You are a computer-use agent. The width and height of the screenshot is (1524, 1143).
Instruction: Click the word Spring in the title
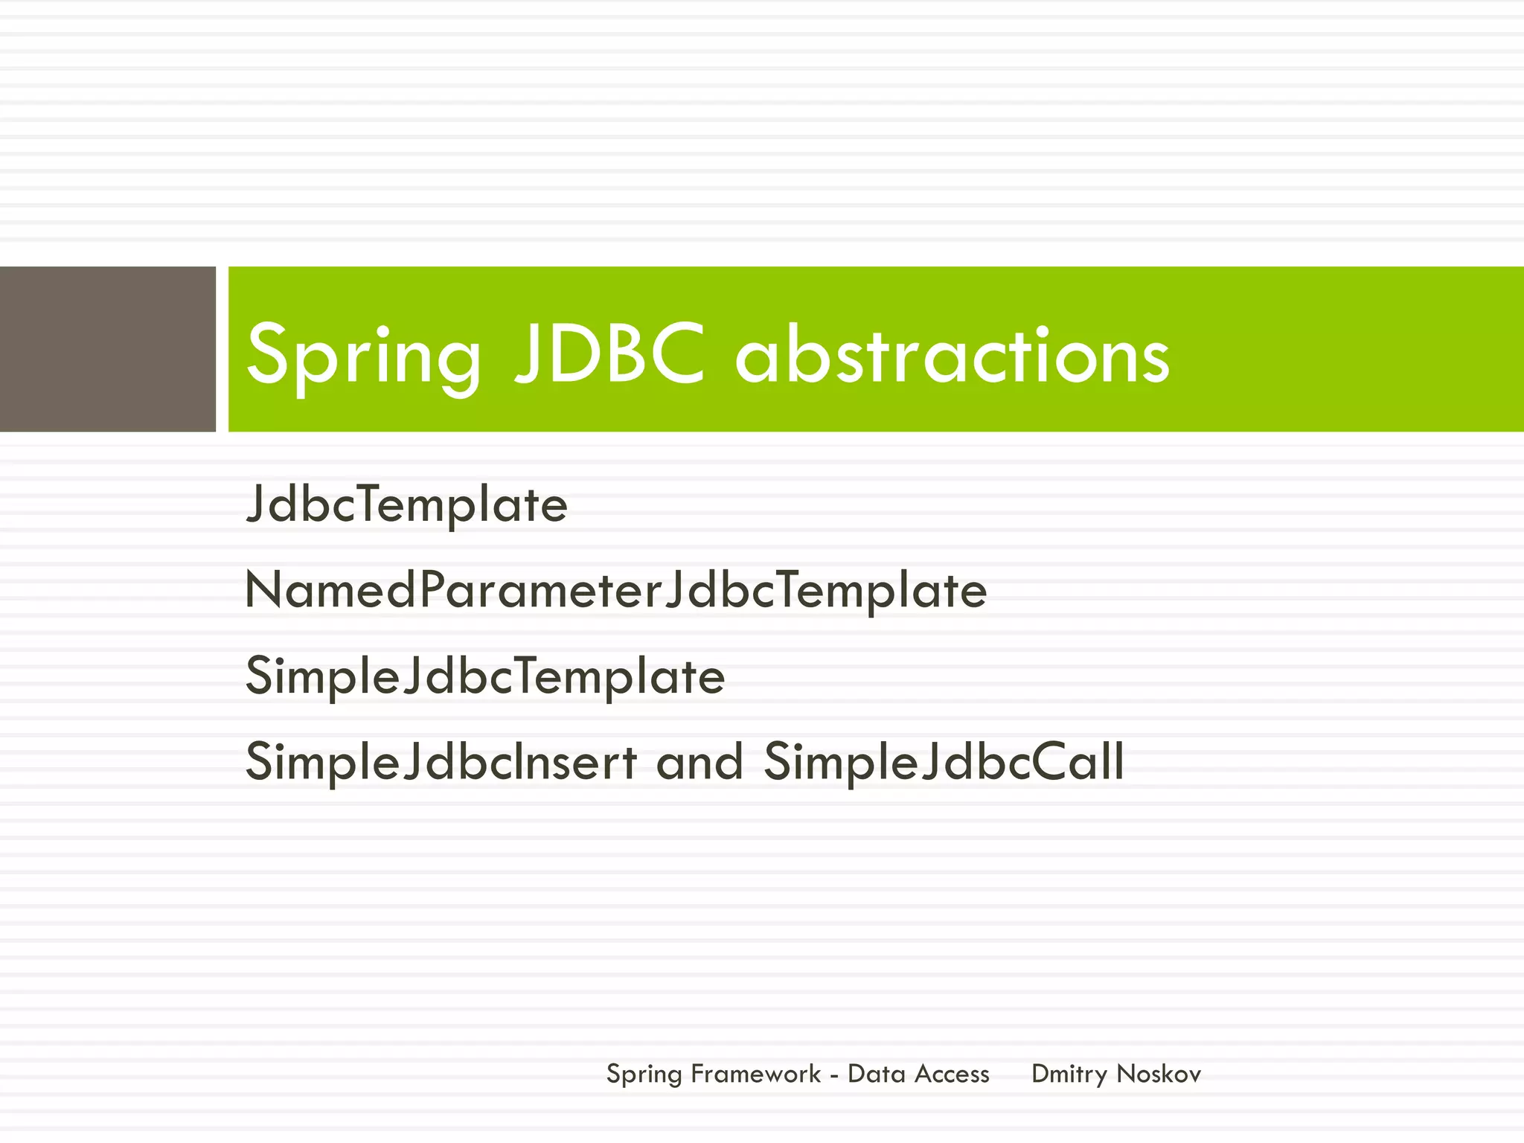363,356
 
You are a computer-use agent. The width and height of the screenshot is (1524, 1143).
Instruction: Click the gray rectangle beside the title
107,349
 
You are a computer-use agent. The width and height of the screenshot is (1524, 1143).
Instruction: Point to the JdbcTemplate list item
406,505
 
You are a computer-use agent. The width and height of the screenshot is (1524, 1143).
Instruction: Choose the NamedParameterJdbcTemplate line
615,591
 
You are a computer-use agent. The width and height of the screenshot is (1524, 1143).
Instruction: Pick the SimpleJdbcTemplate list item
484,676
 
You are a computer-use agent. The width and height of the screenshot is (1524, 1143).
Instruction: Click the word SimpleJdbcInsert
441,762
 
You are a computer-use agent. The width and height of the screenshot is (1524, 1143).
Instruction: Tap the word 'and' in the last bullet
699,762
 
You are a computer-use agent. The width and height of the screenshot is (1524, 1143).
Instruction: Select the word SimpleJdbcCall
944,762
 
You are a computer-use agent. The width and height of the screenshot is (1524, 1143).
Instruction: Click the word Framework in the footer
755,1074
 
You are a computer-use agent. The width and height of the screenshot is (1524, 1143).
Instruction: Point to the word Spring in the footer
644,1075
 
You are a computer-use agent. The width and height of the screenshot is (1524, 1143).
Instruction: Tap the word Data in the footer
876,1074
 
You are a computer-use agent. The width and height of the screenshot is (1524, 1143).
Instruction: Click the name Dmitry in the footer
1069,1075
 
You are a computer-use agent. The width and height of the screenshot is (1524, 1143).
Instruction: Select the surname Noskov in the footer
1159,1074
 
